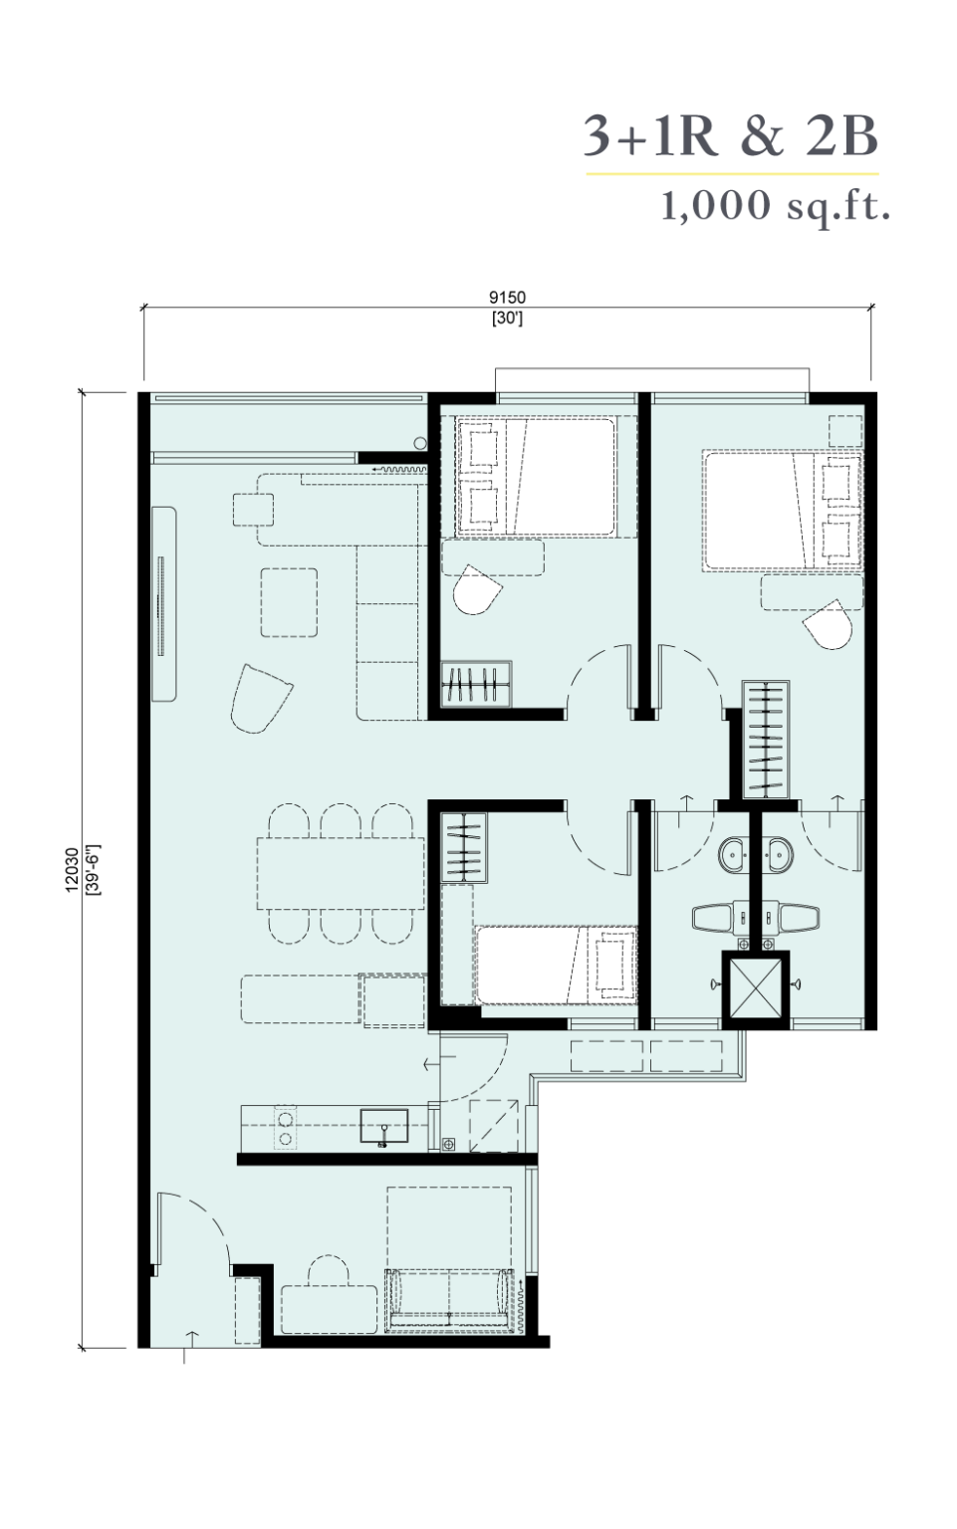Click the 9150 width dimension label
click(507, 297)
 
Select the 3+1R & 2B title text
click(730, 135)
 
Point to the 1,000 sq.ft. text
click(776, 205)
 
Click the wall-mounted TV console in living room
click(164, 605)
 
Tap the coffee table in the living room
click(289, 602)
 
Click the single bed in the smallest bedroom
click(556, 965)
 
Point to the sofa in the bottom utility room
click(449, 1300)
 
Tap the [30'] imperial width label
click(507, 319)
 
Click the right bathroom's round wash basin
click(779, 852)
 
